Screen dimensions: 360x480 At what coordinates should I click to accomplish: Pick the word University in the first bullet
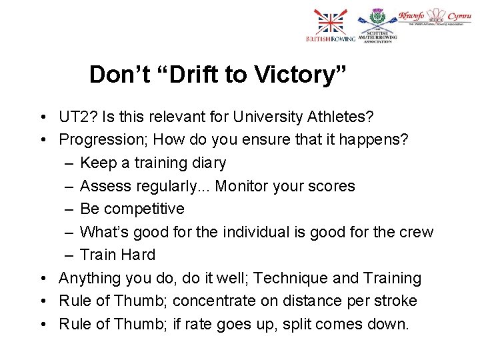[265, 117]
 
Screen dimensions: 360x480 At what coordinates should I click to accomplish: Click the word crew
[415, 232]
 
